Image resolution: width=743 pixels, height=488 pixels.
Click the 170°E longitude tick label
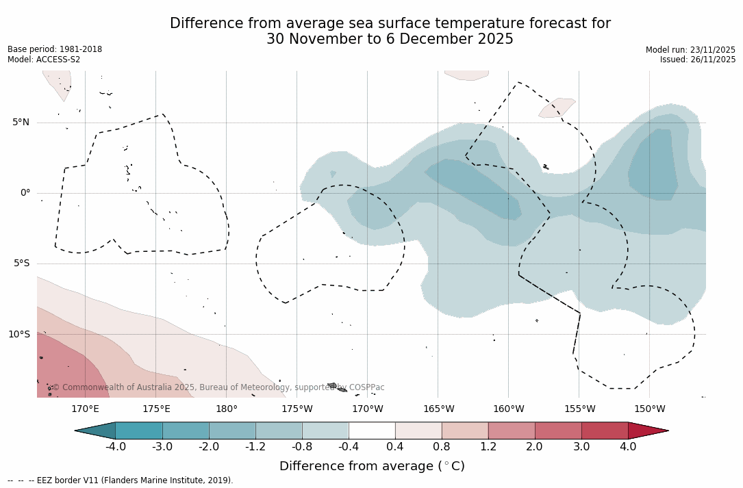click(85, 409)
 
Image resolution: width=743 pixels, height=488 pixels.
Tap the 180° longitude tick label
click(226, 409)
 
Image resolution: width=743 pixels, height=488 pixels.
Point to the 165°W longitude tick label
click(438, 409)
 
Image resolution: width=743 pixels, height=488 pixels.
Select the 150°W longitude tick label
click(649, 409)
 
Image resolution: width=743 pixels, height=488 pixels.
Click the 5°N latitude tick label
click(21, 123)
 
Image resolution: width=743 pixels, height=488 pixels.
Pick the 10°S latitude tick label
click(18, 335)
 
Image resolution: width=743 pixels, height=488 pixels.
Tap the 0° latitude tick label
click(25, 193)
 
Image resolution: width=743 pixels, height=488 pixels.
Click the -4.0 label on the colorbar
click(115, 447)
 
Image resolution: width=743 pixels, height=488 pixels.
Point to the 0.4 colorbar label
click(395, 447)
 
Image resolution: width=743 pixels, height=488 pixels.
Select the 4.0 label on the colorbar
click(628, 447)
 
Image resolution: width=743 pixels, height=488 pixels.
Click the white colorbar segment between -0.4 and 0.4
click(372, 431)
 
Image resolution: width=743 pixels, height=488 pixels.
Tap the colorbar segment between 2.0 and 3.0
click(558, 431)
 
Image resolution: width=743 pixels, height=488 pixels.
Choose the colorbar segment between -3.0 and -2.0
click(186, 431)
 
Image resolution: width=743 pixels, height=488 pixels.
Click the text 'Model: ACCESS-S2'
click(44, 60)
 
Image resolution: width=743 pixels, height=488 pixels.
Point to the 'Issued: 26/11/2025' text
click(697, 60)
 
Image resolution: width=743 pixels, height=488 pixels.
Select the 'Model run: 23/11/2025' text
click(690, 50)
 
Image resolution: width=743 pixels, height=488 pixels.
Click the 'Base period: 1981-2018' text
click(55, 49)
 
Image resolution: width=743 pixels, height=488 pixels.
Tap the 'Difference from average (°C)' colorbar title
click(372, 466)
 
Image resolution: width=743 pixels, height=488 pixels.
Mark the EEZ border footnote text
click(121, 480)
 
